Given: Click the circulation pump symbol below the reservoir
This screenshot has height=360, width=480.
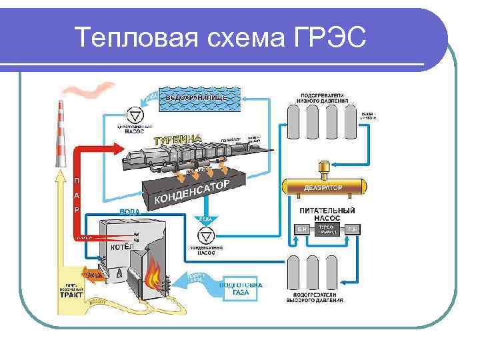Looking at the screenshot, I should [137, 113].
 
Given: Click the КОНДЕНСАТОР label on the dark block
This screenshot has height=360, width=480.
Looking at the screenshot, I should [193, 191].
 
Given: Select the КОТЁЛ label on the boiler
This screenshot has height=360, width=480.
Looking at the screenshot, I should [121, 247].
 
